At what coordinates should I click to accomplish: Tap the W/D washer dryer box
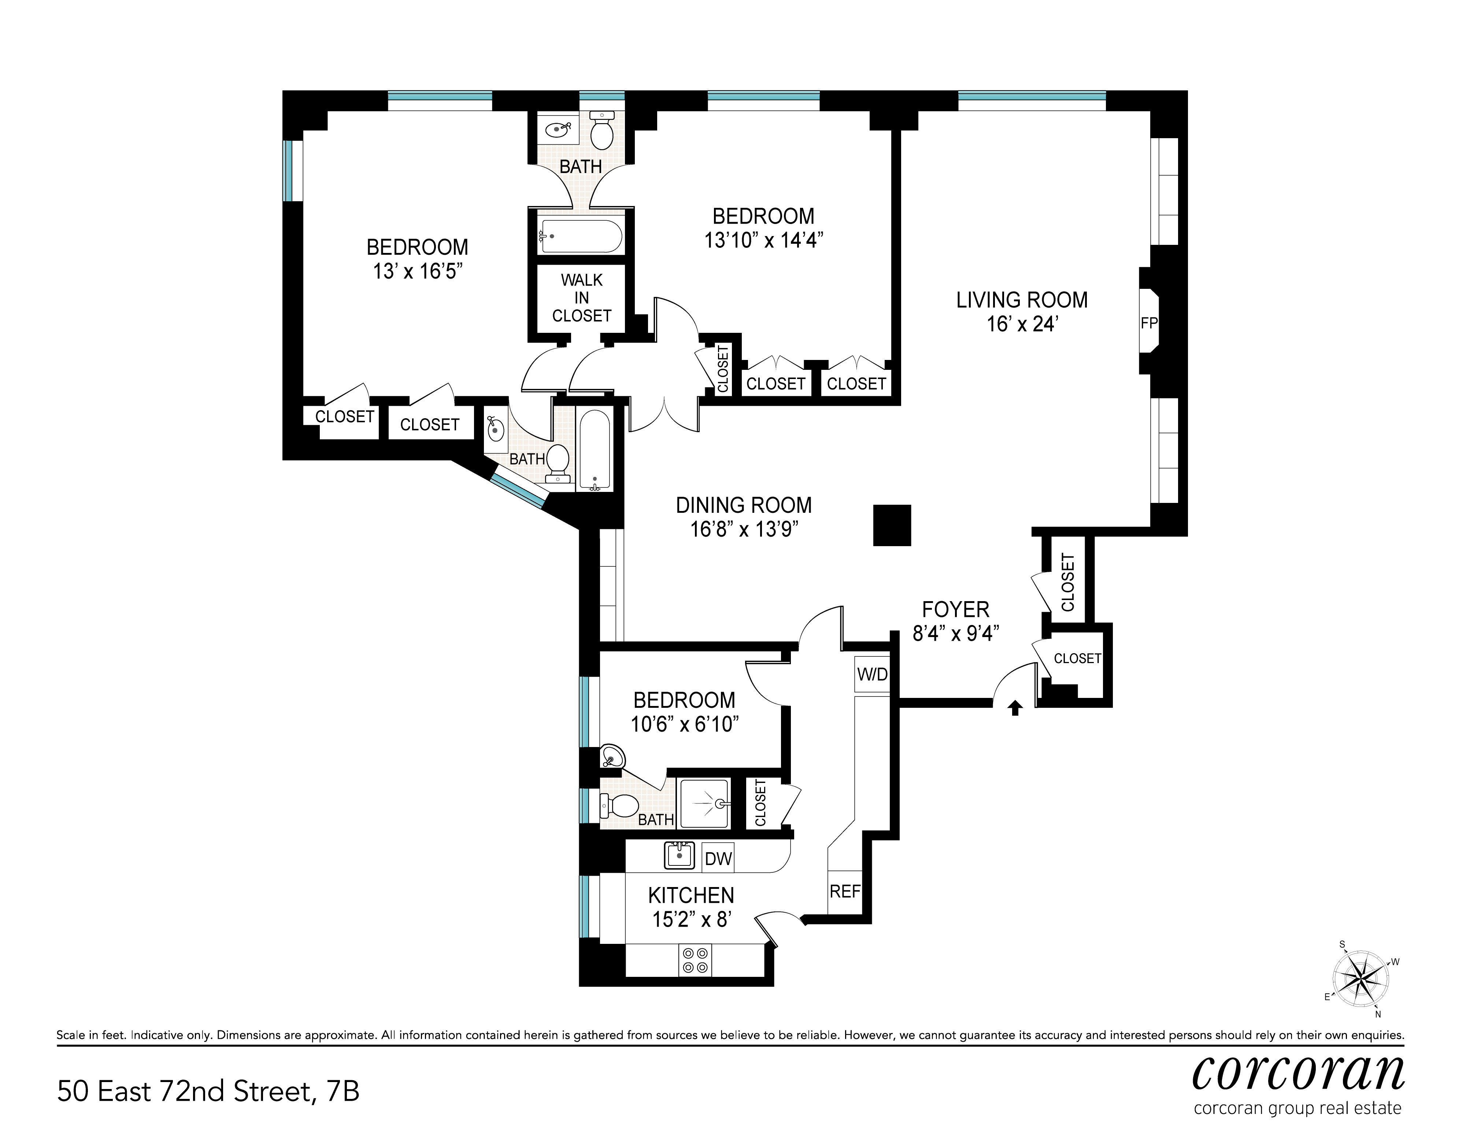tap(872, 674)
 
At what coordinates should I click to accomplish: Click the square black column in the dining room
tap(892, 525)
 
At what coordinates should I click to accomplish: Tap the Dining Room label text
tap(744, 505)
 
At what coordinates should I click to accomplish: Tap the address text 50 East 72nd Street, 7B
tap(208, 1091)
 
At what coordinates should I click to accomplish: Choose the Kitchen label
tap(691, 895)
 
